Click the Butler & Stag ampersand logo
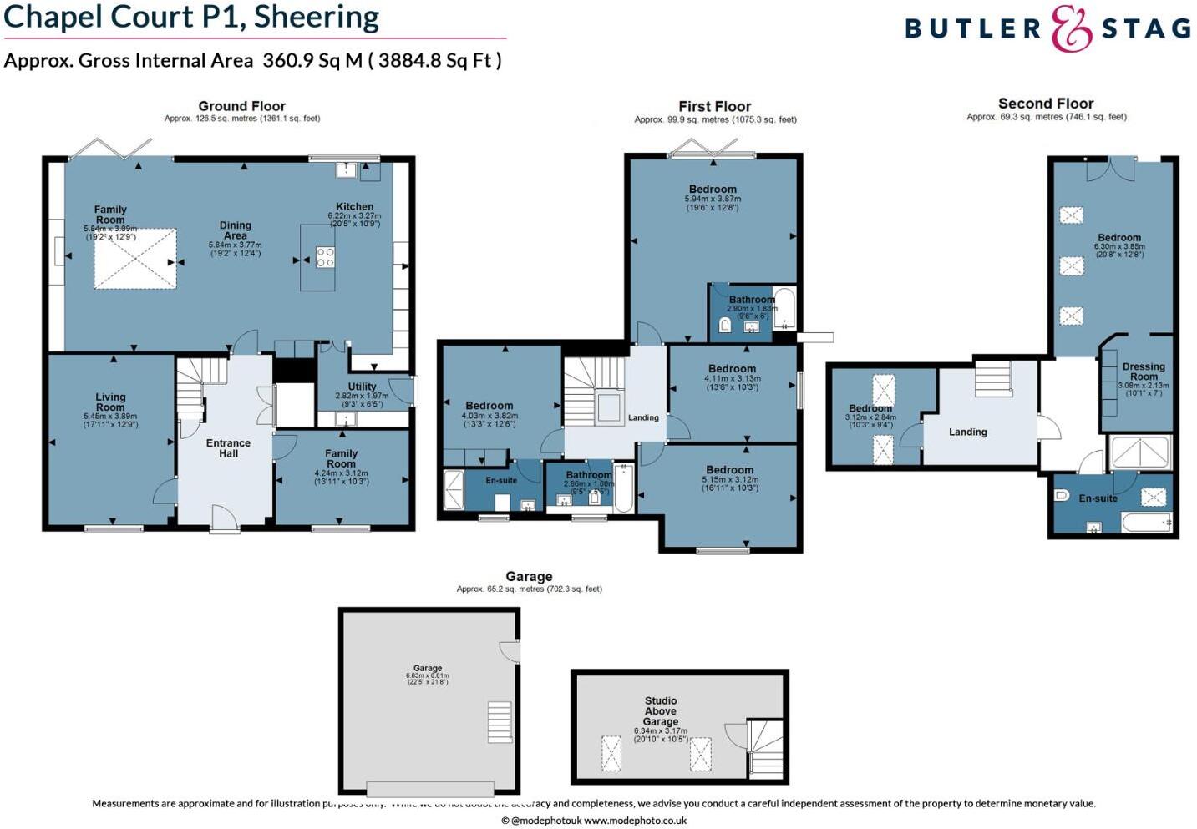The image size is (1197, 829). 1072,28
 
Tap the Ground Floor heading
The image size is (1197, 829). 241,106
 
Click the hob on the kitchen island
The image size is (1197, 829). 325,257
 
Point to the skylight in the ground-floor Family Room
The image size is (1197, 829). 135,259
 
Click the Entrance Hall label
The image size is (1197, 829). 228,448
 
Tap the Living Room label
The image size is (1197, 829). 110,402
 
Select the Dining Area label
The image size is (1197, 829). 236,230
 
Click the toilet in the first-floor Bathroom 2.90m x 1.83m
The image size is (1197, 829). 724,326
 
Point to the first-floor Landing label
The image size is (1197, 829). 643,417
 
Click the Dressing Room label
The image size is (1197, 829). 1144,372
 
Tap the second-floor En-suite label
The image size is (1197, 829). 1098,498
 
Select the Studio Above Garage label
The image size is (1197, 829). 661,711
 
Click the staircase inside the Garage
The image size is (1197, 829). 499,722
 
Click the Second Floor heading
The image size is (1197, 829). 1046,104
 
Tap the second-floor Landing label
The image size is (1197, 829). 968,432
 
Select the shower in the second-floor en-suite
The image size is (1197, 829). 1139,452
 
